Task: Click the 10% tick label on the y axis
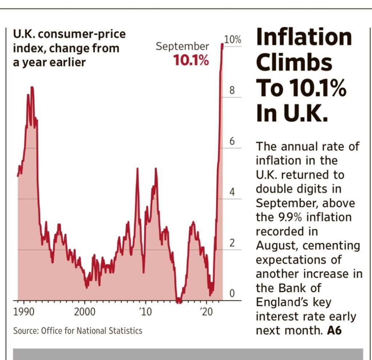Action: (232, 40)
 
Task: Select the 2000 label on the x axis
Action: (84, 312)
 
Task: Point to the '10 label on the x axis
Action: (145, 312)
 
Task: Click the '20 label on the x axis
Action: (206, 312)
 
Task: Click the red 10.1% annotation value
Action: (191, 60)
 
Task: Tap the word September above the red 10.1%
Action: (182, 47)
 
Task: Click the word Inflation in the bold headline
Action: (304, 37)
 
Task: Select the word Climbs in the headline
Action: (294, 63)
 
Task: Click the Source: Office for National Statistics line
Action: (78, 331)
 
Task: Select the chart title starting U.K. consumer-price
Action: (69, 48)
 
